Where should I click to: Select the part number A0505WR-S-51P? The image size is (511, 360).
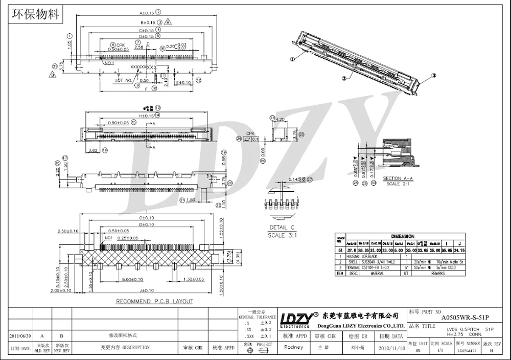[464, 316]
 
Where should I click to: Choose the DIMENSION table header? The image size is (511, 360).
[402, 237]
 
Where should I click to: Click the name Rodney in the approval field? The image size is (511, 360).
[293, 347]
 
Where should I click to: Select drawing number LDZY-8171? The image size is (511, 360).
[468, 351]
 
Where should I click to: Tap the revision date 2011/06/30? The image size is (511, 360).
[21, 336]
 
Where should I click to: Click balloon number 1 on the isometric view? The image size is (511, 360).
[293, 59]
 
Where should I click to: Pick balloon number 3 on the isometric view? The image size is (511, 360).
[434, 75]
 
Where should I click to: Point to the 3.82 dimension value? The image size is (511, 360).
[94, 150]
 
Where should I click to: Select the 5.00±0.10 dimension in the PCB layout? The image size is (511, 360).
[128, 280]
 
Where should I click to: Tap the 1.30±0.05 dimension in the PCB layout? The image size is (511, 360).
[194, 280]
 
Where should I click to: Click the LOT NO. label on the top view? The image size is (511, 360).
[124, 80]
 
